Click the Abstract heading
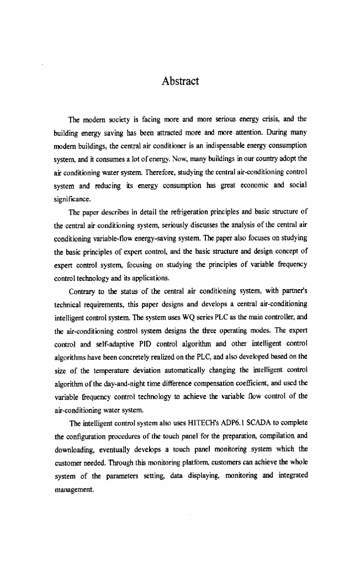click(180, 82)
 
